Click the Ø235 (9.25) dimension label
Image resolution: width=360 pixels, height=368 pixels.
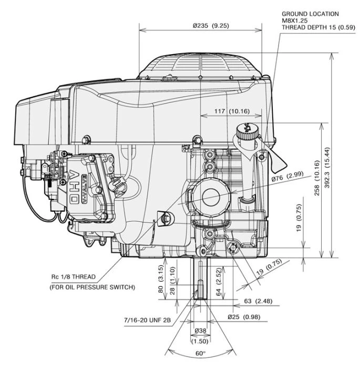tap(200, 26)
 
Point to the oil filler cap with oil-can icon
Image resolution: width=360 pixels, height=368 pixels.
tap(245, 130)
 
